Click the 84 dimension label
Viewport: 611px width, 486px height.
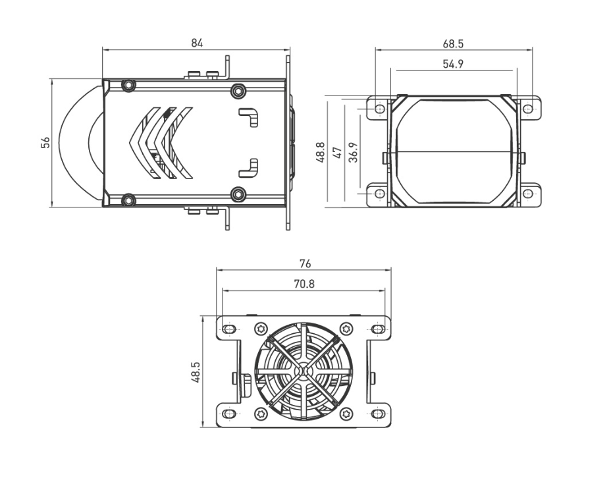tap(197, 43)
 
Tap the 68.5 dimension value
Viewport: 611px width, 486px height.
tap(453, 44)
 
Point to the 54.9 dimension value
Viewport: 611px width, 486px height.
tap(453, 64)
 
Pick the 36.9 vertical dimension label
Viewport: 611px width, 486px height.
tap(354, 153)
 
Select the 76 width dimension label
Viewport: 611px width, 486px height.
tap(304, 263)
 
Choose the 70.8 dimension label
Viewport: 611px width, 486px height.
tap(304, 284)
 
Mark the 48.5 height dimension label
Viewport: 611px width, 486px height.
tap(196, 371)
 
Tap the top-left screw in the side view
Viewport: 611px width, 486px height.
tap(129, 85)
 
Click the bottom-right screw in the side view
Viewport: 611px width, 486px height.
tap(238, 194)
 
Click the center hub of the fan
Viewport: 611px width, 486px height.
tap(304, 372)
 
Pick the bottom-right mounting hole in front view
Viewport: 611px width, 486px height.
tap(528, 194)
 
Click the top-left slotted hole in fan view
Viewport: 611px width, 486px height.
tap(229, 329)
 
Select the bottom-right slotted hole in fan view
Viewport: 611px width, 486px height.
tap(378, 414)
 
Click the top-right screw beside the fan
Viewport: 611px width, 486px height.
tap(346, 329)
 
